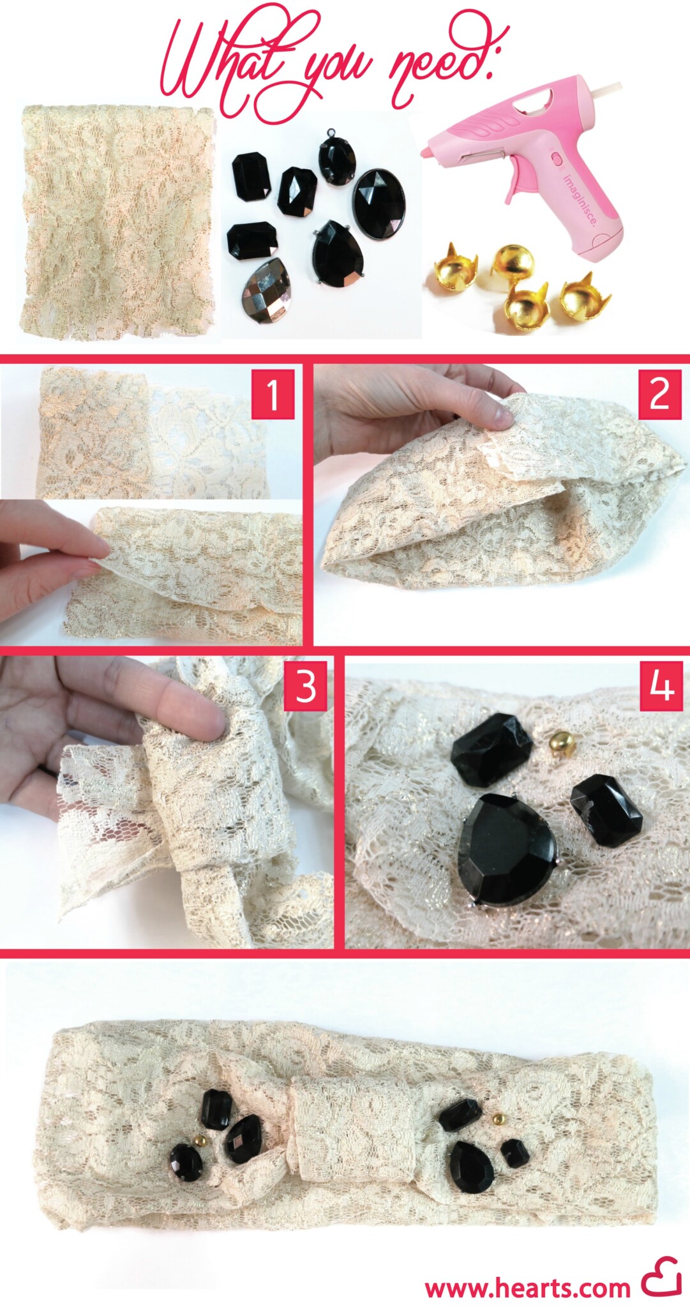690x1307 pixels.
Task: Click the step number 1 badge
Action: point(273,395)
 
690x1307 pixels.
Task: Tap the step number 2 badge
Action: point(659,395)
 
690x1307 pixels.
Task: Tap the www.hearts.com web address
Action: point(527,1287)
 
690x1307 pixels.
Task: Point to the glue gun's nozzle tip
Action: point(424,153)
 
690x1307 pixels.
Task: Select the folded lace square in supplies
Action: point(116,220)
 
